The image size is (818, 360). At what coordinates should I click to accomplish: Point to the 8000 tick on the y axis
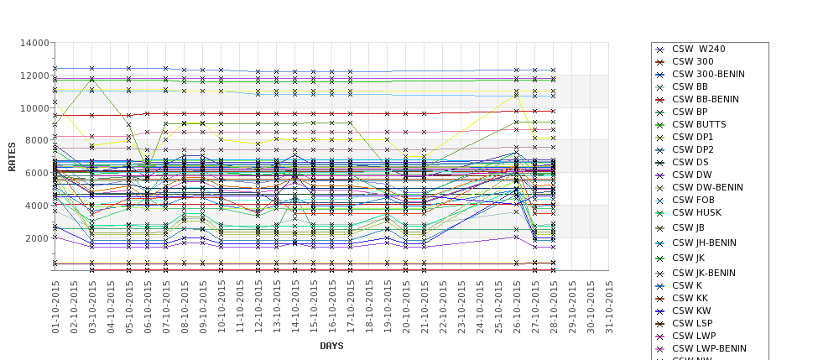click(35, 140)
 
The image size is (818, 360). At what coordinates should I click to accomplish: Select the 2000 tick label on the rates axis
click(35, 238)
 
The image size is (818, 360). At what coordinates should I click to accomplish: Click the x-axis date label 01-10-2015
click(55, 307)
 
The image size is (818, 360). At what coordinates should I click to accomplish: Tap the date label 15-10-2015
click(314, 307)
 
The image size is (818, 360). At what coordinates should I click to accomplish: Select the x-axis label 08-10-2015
click(185, 307)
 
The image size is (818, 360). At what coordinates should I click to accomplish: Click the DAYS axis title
click(332, 346)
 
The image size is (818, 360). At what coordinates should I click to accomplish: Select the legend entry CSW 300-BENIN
click(708, 74)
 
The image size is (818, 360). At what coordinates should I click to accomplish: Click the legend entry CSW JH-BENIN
click(704, 243)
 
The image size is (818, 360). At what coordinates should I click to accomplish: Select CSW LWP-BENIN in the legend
click(709, 348)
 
